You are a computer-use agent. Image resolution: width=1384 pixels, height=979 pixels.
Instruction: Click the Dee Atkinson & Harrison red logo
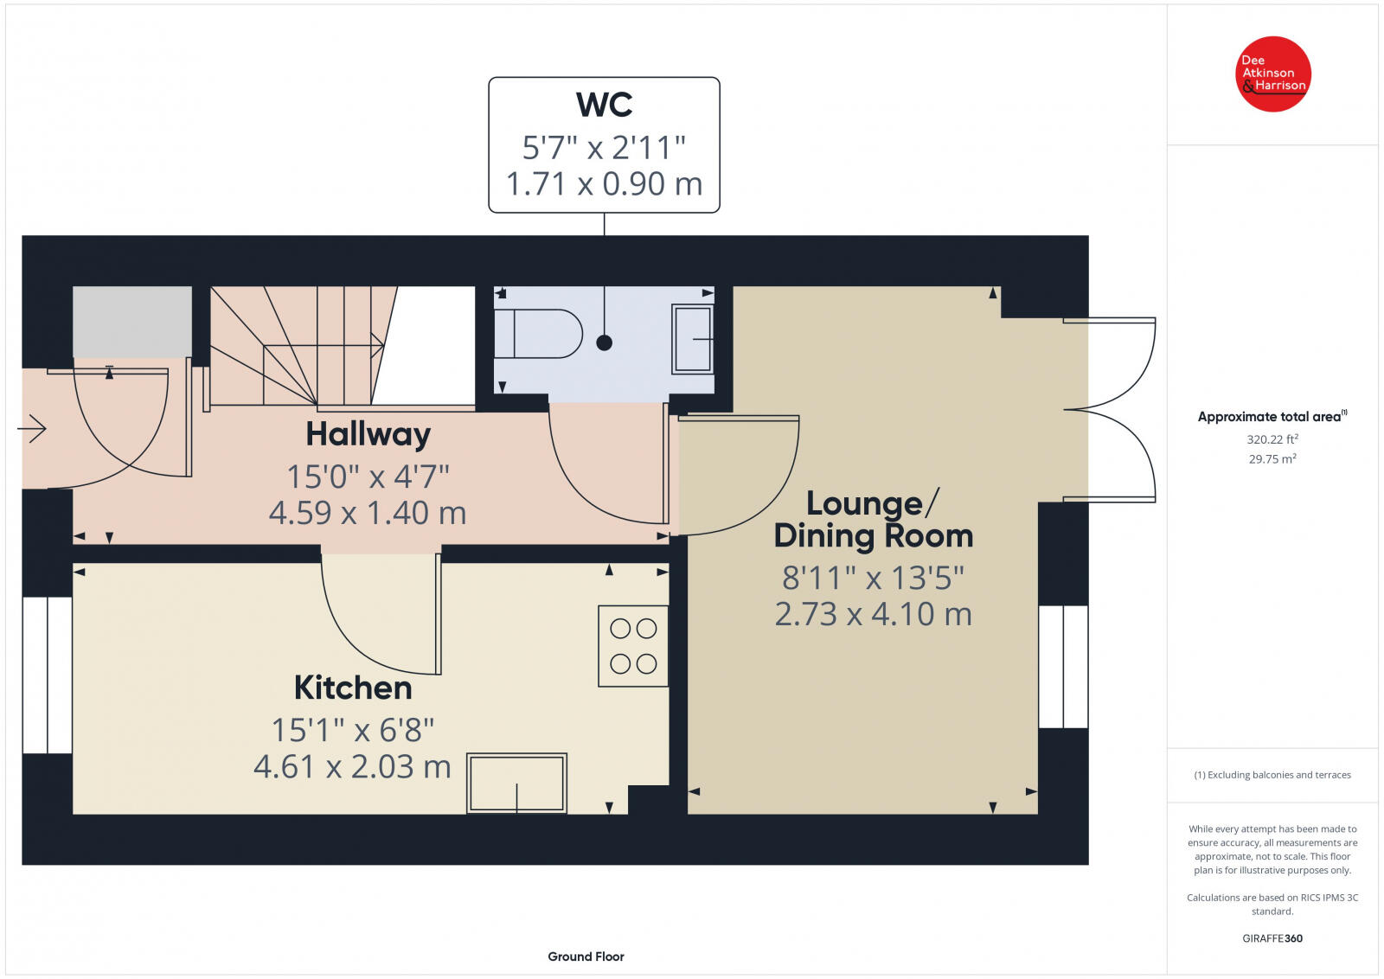1272,74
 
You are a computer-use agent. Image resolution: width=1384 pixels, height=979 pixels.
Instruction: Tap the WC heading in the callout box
604,105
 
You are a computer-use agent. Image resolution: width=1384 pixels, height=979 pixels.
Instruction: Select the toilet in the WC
538,334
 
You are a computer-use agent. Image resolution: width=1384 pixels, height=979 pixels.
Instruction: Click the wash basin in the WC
692,339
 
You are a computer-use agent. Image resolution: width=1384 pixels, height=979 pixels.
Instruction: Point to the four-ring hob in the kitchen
633,646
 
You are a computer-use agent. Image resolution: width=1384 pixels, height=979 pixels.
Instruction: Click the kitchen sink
516,783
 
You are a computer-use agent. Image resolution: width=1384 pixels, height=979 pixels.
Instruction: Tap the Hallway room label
368,434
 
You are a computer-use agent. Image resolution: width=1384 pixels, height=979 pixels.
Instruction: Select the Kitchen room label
353,688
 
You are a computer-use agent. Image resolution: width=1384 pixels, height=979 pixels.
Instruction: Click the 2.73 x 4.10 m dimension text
873,614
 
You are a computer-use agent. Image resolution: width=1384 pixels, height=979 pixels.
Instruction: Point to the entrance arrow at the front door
32,428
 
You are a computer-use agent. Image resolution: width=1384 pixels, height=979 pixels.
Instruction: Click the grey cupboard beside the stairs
131,322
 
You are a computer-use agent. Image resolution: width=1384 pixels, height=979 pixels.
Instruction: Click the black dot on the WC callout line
605,342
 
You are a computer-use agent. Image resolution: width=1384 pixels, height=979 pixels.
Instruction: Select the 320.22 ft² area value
1272,439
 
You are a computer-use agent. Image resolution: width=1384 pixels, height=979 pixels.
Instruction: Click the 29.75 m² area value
1272,459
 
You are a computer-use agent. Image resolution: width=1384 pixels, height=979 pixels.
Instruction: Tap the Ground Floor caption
586,957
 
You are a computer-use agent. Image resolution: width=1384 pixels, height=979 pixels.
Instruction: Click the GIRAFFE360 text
1272,938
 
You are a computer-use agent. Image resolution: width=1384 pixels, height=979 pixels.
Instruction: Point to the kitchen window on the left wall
47,675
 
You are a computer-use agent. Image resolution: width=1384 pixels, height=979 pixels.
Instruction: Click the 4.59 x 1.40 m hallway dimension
368,514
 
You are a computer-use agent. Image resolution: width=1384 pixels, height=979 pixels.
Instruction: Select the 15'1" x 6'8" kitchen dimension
353,731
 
